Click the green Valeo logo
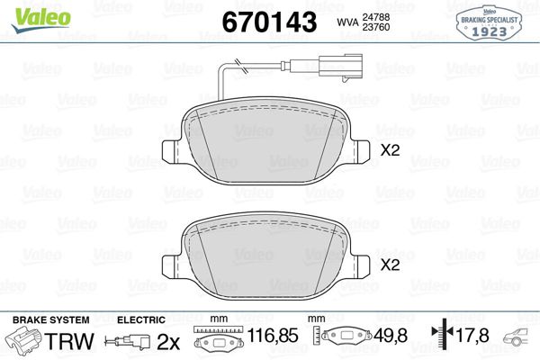[41, 20]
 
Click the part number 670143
[269, 22]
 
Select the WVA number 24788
[375, 17]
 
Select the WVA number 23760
[375, 27]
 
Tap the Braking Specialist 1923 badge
[489, 23]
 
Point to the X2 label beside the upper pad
[391, 150]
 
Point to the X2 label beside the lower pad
[391, 265]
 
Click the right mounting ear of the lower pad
[360, 266]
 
